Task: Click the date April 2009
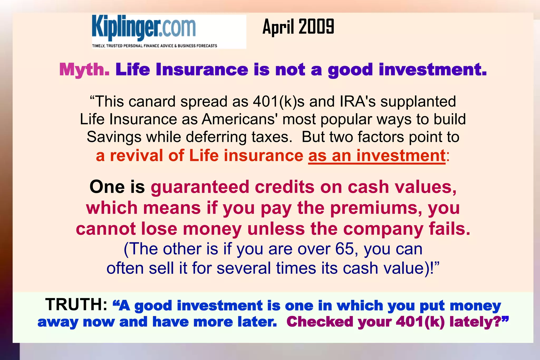pos(298,27)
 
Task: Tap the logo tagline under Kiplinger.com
pos(155,46)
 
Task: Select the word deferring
pos(216,137)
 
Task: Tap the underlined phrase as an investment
pos(377,156)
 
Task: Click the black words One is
pos(117,187)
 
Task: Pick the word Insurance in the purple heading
pos(202,70)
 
